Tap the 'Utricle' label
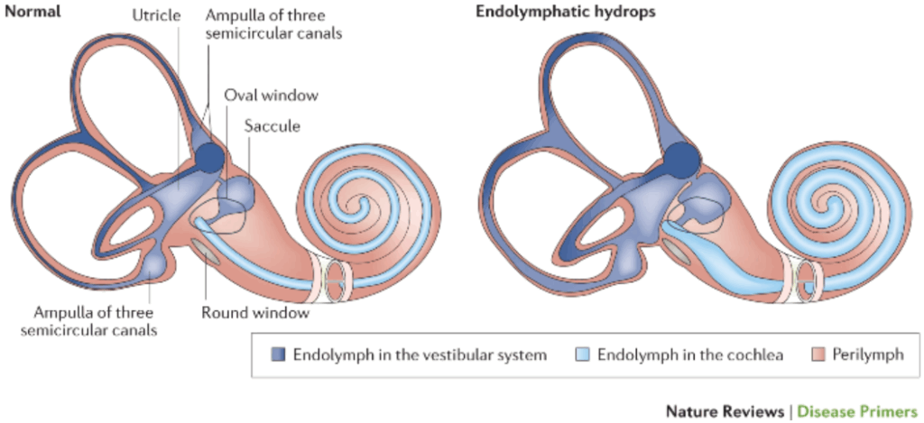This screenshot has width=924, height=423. (156, 15)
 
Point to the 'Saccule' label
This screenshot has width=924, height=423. (272, 126)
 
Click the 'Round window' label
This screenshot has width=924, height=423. (256, 313)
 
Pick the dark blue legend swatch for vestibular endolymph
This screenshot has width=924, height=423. (278, 354)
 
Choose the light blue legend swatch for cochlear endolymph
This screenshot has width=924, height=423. (582, 354)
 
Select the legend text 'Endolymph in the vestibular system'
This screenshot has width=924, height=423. (420, 354)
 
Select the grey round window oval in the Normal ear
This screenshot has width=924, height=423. (207, 253)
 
